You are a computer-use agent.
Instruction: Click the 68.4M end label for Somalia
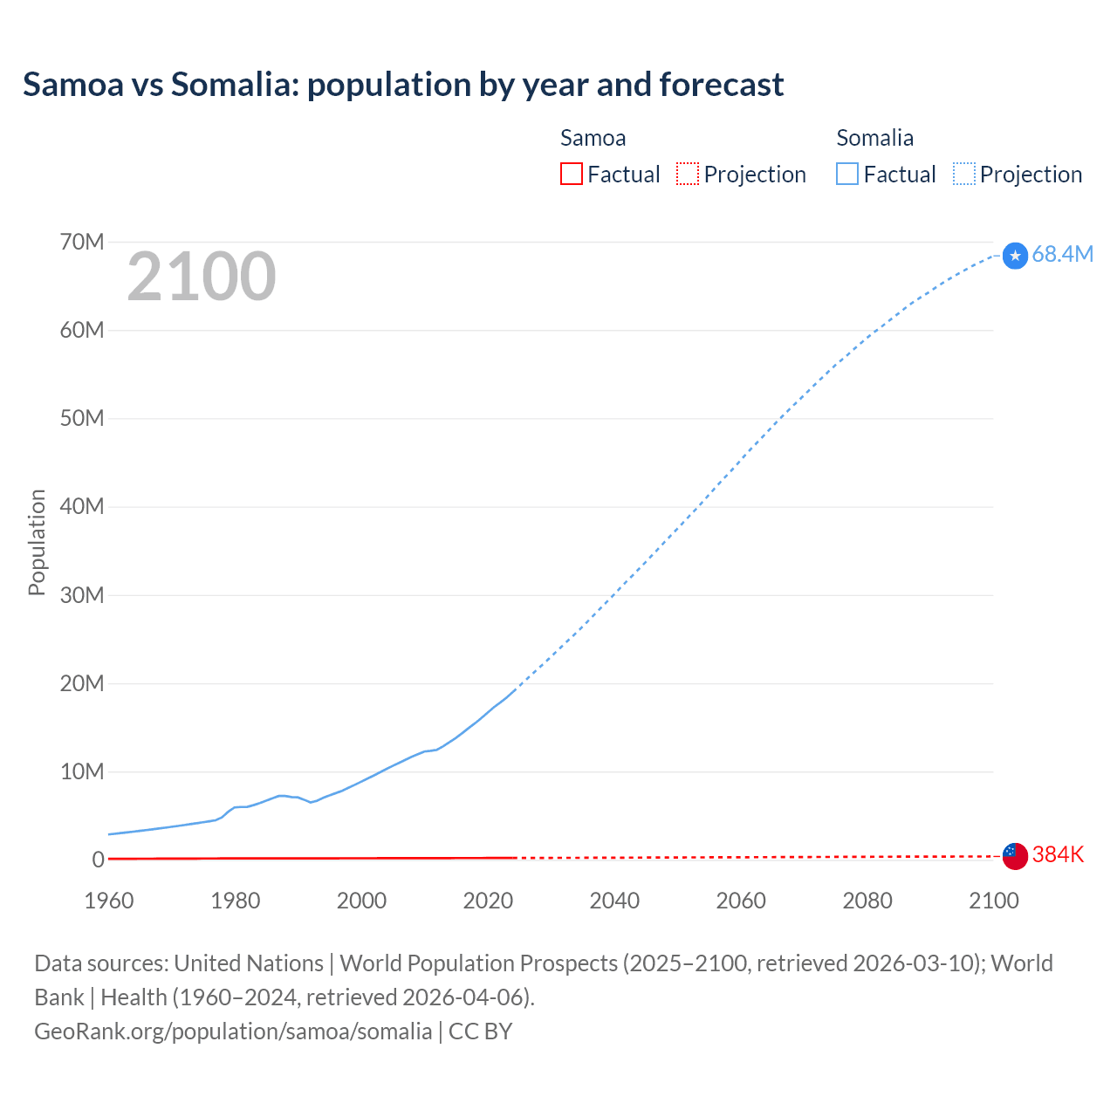(1062, 254)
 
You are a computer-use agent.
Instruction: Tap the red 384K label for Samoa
(1058, 854)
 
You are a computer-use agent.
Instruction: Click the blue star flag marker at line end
(1015, 256)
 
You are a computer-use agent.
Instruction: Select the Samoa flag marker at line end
(1015, 856)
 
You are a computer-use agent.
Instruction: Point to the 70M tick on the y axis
(82, 242)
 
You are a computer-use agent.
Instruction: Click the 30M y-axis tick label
(82, 595)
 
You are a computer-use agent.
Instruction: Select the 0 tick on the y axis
(98, 860)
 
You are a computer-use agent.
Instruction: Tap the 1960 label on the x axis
(109, 901)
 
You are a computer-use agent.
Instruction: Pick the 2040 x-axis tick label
(614, 901)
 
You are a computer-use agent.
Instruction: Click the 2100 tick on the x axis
(993, 901)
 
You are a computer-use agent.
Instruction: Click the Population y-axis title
(37, 542)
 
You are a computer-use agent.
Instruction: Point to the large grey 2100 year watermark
(202, 277)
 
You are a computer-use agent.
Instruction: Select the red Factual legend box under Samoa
(572, 174)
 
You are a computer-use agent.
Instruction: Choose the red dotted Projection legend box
(688, 174)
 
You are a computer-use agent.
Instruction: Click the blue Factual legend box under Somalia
(847, 174)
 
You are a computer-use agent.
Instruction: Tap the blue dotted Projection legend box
(964, 174)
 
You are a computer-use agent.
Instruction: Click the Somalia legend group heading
(874, 138)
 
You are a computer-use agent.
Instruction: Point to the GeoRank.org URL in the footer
(233, 1031)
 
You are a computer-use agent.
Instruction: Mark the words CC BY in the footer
(480, 1031)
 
